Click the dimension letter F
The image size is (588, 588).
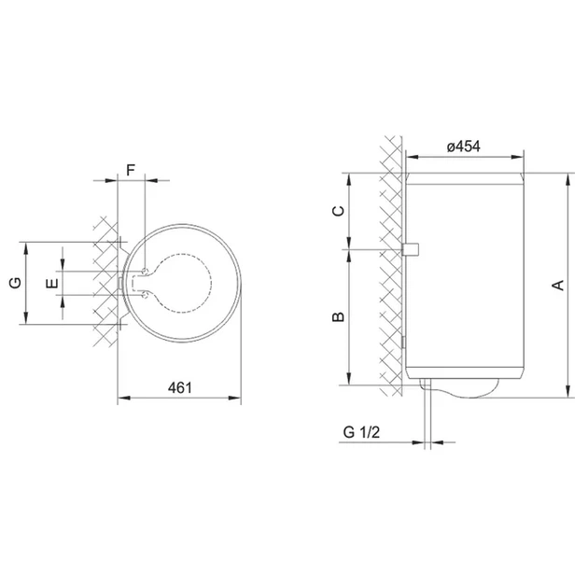tap(130, 170)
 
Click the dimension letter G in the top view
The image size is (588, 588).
tap(16, 283)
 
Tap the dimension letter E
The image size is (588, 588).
tap(52, 283)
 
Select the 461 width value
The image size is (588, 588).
tap(179, 387)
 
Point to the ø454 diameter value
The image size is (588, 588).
tap(464, 147)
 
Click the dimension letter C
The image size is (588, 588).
tap(338, 211)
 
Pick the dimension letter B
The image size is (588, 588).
tap(338, 317)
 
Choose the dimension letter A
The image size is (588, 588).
tap(558, 286)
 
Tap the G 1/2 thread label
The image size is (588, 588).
tap(361, 432)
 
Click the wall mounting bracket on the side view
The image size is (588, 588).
tap(411, 249)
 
